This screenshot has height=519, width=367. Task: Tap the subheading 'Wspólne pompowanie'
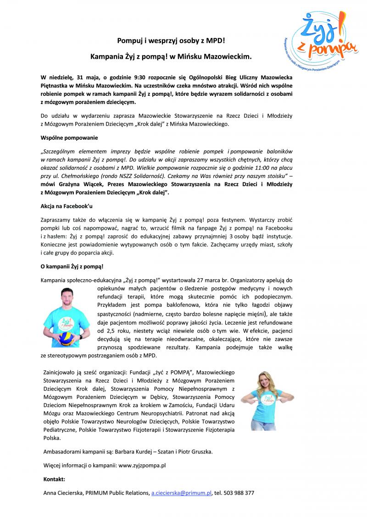click(x=69, y=137)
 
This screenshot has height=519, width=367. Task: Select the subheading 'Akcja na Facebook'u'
click(x=67, y=206)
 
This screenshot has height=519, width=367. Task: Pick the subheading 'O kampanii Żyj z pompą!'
click(x=72, y=266)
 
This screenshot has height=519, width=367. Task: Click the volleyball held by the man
click(x=67, y=339)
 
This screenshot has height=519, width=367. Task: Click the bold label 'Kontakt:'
click(x=53, y=479)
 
